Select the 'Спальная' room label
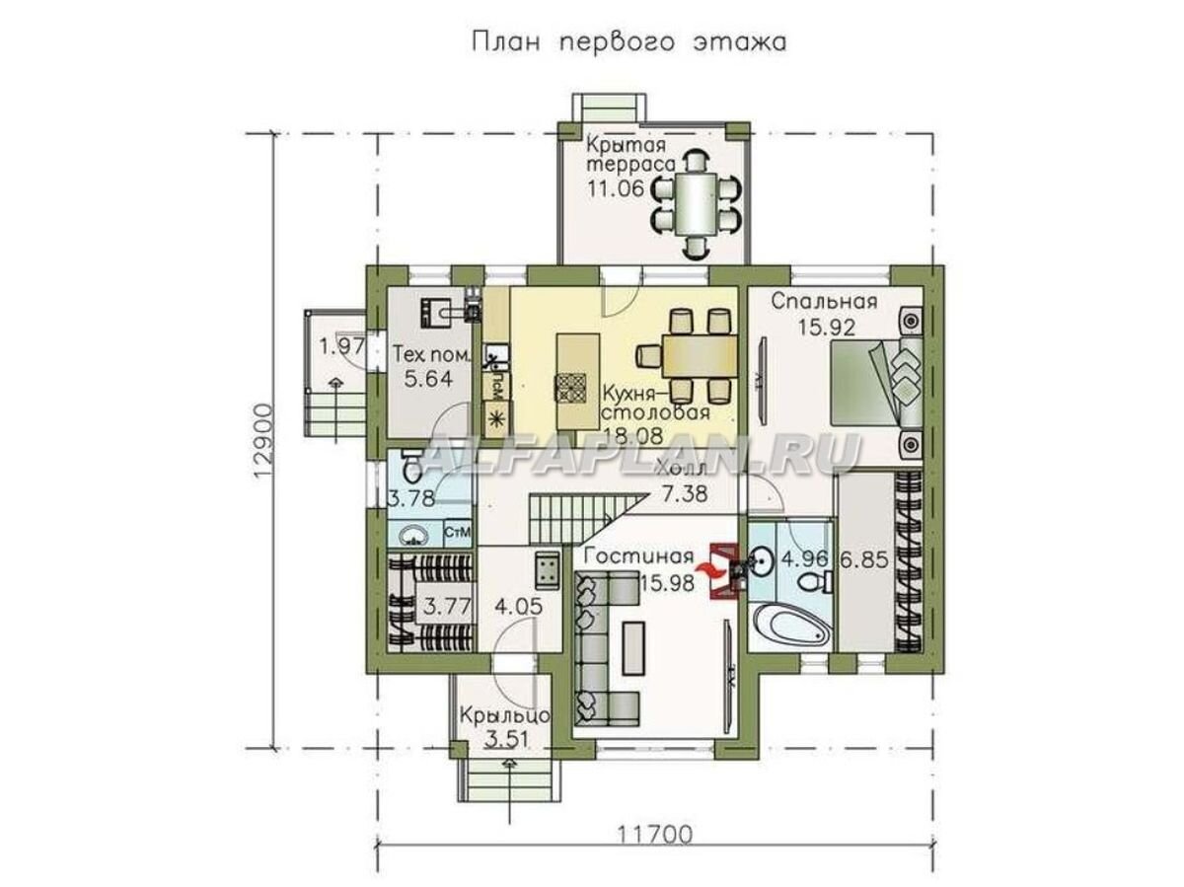[812, 302]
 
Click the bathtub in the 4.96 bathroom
[789, 624]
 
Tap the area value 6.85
[865, 558]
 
